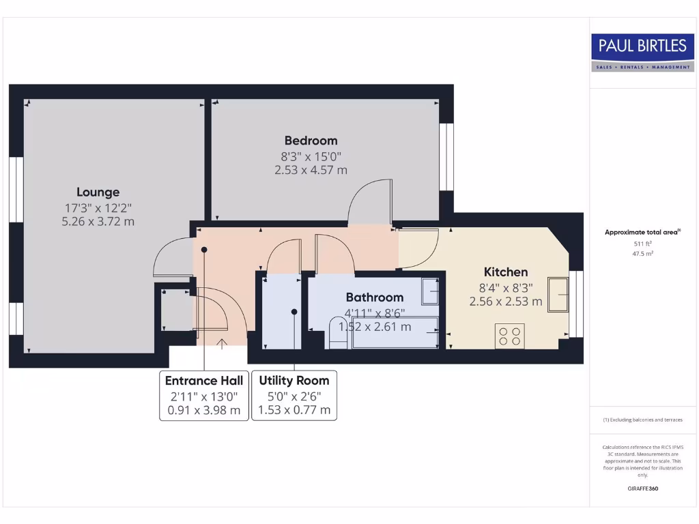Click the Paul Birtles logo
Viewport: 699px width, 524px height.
coord(642,53)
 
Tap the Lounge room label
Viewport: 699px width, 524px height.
coord(98,192)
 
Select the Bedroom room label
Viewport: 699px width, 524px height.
coord(311,141)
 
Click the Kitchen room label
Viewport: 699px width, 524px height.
coord(506,272)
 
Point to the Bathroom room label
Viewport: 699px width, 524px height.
coord(374,297)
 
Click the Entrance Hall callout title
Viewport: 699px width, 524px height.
coord(204,381)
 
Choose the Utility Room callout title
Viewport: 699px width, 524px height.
coord(294,381)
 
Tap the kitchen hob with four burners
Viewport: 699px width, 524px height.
coord(509,336)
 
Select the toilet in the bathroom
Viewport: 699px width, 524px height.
coord(338,334)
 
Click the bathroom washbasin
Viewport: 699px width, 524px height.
coord(430,291)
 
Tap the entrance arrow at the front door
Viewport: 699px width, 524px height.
coord(222,343)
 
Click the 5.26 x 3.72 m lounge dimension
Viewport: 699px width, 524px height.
coord(98,221)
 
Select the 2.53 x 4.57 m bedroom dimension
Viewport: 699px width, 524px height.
coord(311,170)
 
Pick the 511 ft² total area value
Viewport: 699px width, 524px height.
coord(642,243)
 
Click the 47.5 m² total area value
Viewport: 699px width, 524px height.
coord(642,253)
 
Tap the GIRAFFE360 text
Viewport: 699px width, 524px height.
coord(642,489)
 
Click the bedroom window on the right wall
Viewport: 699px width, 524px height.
coord(446,156)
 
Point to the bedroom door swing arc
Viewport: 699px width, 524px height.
coord(369,198)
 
